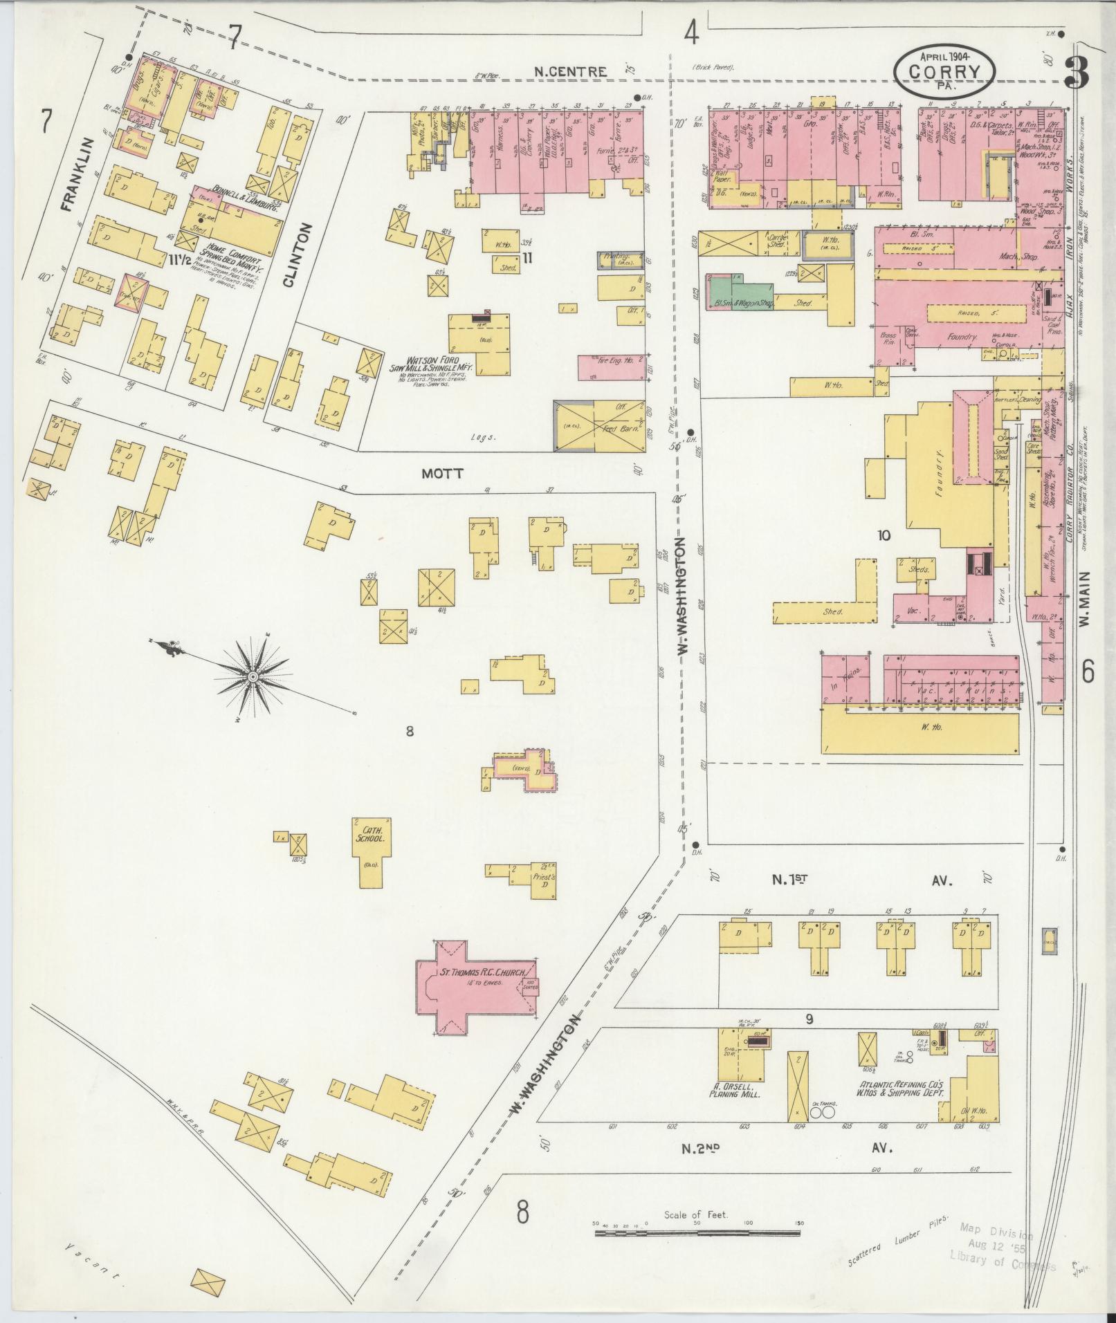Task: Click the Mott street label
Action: pos(443,474)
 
